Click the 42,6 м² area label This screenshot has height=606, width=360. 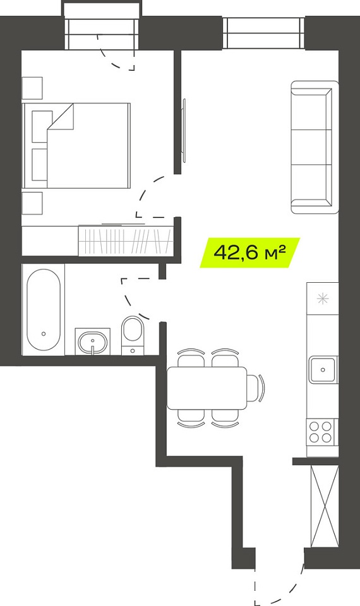[249, 252]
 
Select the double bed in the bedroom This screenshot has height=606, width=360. [76, 146]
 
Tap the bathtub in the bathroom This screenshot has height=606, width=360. [44, 309]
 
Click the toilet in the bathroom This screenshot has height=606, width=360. [132, 335]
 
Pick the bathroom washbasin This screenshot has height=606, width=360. [92, 342]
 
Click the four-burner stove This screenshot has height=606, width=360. [321, 432]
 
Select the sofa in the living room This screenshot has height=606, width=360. [315, 147]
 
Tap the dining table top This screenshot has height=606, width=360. [207, 388]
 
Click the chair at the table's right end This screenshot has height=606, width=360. [256, 388]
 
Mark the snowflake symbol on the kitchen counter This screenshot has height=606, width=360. [323, 299]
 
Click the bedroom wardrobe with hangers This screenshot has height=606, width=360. [125, 240]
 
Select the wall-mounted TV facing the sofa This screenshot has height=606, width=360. [184, 130]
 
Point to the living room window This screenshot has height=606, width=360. [264, 33]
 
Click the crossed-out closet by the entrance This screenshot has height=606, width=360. [325, 506]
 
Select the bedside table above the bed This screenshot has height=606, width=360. [32, 88]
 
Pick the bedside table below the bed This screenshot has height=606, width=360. [32, 203]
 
